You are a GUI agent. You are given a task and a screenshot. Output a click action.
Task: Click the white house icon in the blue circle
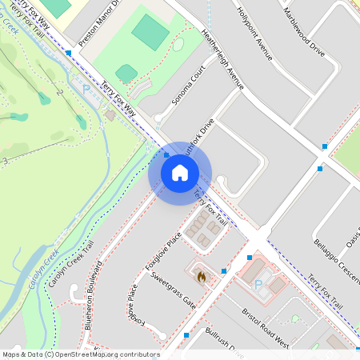pos(180,173)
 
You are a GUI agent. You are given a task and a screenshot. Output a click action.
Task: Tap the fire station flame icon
pos(201,277)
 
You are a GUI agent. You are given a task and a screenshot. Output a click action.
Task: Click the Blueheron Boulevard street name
pos(92,294)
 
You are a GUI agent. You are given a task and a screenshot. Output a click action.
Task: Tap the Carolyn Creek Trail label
pos(71,265)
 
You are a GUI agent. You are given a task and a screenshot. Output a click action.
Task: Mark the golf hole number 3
pos(6,161)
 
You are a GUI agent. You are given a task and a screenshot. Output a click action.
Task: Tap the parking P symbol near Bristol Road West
pos(258,285)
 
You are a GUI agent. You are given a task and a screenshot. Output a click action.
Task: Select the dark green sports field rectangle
pos(150,31)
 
